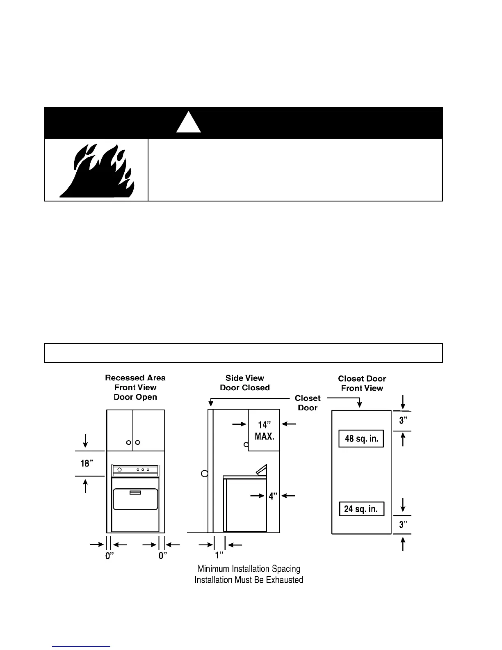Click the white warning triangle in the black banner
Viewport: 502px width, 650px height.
pos(189,124)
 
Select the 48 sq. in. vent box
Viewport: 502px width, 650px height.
pos(361,439)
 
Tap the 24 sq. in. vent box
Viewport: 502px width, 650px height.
pos(361,509)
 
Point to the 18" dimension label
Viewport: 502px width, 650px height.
pos(87,463)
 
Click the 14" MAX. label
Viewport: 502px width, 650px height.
pos(265,431)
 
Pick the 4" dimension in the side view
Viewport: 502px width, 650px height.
pos(273,496)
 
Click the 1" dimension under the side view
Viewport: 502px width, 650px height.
pos(219,555)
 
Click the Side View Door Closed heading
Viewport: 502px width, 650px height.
pos(245,383)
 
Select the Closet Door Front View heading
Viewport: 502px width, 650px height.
pos(362,383)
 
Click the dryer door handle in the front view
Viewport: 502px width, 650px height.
pos(135,493)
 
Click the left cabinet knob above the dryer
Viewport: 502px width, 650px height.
pos(129,442)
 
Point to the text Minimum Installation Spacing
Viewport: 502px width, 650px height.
pos(249,569)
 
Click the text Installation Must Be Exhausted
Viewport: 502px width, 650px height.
pos(249,580)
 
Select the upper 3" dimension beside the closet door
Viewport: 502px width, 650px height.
pos(404,421)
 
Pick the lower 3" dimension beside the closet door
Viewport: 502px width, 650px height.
pos(404,524)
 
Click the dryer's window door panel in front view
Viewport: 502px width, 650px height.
pos(135,509)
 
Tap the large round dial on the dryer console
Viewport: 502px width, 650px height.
pos(119,469)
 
